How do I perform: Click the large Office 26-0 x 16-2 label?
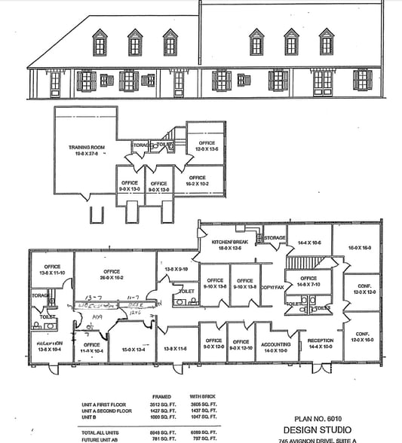[112, 273]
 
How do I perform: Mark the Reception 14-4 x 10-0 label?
[320, 344]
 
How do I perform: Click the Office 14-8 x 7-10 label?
[308, 281]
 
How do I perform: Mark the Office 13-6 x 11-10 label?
[52, 269]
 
